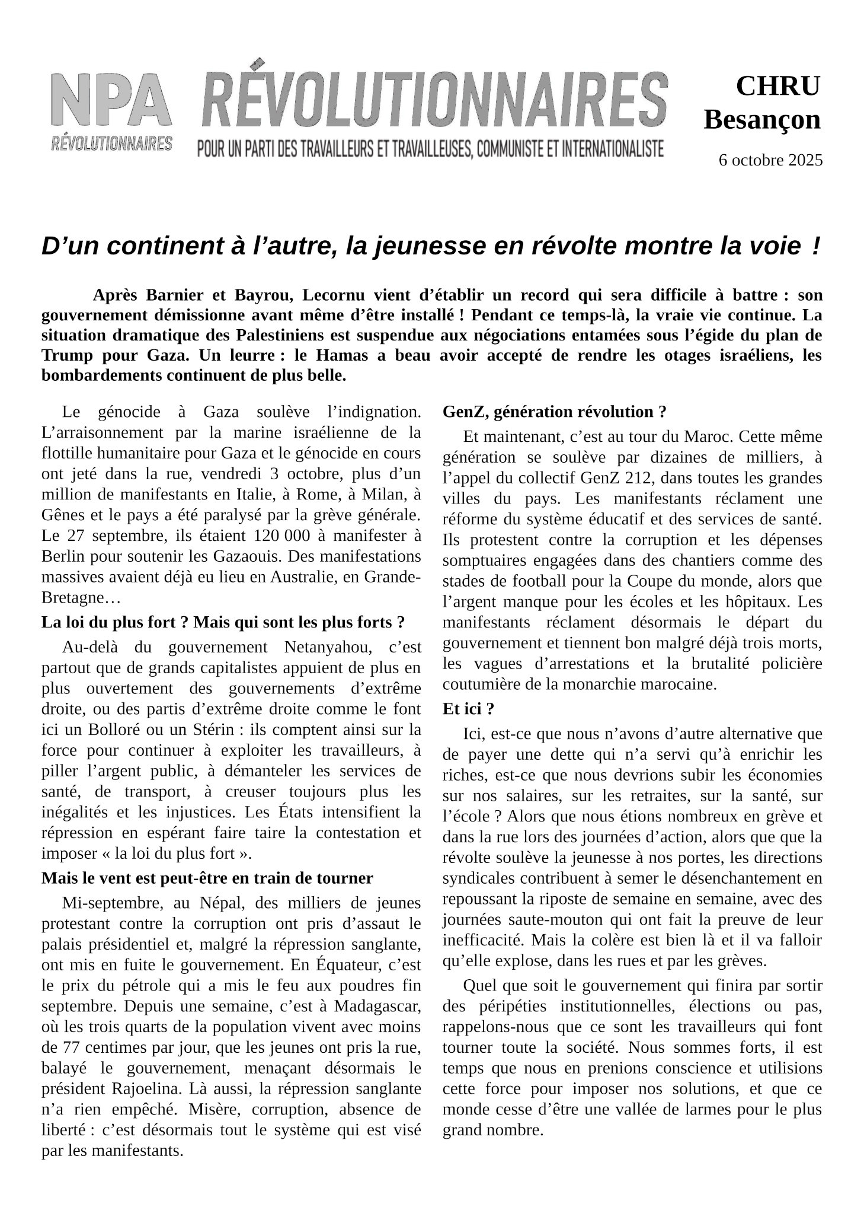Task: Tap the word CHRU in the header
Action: click(778, 86)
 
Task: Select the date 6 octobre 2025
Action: click(770, 160)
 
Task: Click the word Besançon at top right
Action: click(762, 120)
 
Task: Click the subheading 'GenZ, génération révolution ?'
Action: click(554, 412)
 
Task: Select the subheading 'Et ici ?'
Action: click(468, 709)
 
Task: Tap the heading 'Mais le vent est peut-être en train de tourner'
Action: click(207, 878)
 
